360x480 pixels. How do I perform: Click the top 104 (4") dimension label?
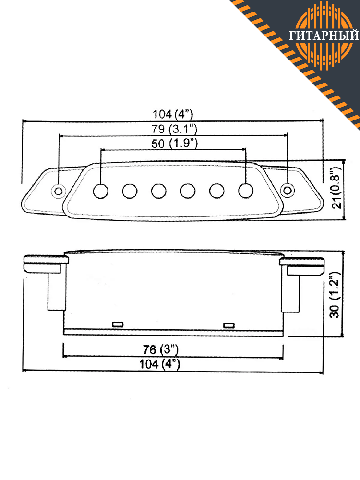pos(173,114)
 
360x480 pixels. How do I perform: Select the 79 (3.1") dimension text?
pos(174,129)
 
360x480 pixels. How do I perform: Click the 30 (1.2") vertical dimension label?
pos(334,295)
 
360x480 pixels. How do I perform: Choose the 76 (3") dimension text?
pos(160,349)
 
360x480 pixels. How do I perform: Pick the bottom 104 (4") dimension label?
pos(160,364)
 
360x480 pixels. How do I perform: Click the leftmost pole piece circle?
pos(101,191)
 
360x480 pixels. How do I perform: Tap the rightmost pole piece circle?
pos(245,191)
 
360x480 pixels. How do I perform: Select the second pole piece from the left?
pos(130,191)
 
